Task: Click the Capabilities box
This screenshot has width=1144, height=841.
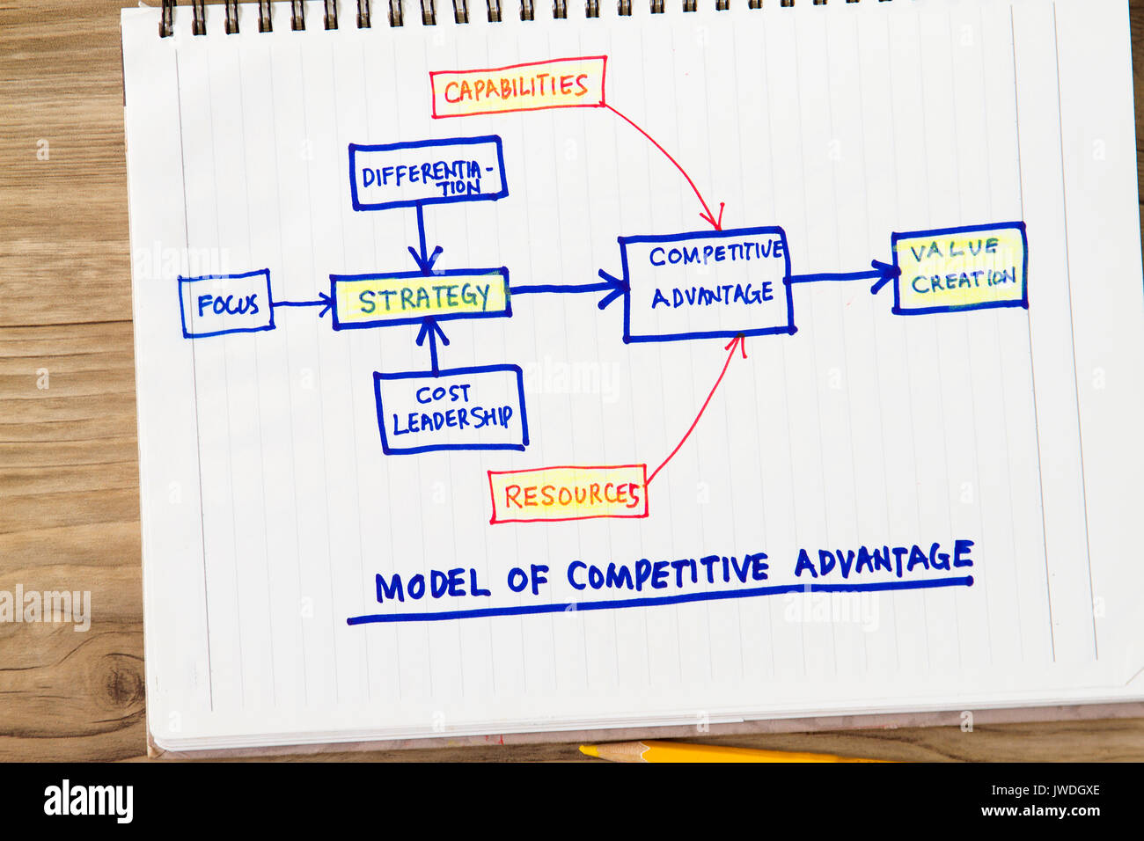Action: (517, 87)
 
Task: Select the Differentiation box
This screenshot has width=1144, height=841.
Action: (428, 173)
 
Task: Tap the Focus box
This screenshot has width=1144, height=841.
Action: (227, 304)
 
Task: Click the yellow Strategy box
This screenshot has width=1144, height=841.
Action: (422, 298)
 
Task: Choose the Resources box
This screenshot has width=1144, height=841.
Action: (568, 494)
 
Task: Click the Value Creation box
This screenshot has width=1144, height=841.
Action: (959, 267)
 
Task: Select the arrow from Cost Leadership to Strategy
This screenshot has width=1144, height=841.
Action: (431, 346)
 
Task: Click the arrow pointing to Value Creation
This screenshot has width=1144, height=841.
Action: (840, 276)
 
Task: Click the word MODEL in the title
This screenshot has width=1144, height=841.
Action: (430, 585)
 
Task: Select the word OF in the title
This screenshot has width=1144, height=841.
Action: (526, 580)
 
